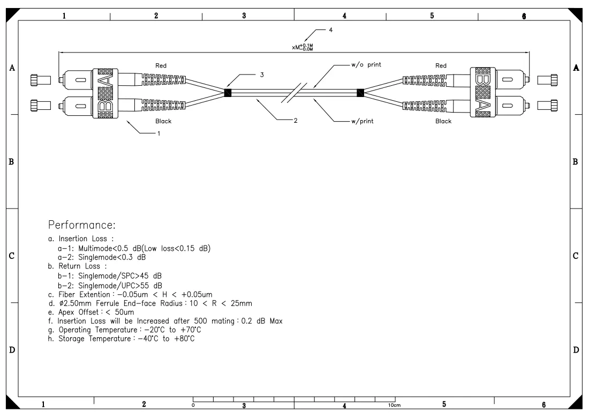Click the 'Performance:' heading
[x=82, y=225]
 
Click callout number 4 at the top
[x=330, y=29]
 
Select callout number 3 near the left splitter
[x=262, y=75]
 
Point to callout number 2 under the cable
[x=296, y=121]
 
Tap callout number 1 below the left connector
[x=159, y=133]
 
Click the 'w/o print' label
[x=366, y=65]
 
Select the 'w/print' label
[x=363, y=121]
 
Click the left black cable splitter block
[x=228, y=93]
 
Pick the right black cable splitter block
[x=360, y=93]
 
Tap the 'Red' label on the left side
[x=161, y=65]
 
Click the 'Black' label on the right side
[x=443, y=121]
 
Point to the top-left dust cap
[x=41, y=80]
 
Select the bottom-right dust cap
[x=547, y=105]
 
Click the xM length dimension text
[x=303, y=47]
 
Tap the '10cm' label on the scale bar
[x=395, y=405]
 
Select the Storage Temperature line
[x=122, y=339]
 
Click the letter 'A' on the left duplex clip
[x=105, y=80]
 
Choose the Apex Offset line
[x=91, y=312]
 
